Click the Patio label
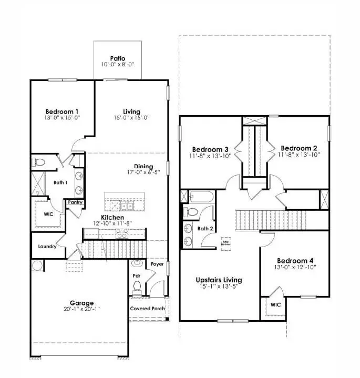pyautogui.click(x=117, y=58)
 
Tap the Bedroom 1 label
pyautogui.click(x=62, y=111)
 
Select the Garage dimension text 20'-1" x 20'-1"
pyautogui.click(x=81, y=310)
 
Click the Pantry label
pyautogui.click(x=73, y=202)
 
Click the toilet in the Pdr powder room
pyautogui.click(x=137, y=286)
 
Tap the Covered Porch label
pyautogui.click(x=148, y=309)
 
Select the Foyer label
pyautogui.click(x=157, y=264)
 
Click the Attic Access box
pyautogui.click(x=226, y=243)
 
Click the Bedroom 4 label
pyautogui.click(x=295, y=261)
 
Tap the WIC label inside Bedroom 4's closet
pyautogui.click(x=276, y=304)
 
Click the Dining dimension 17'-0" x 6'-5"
pyautogui.click(x=143, y=172)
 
